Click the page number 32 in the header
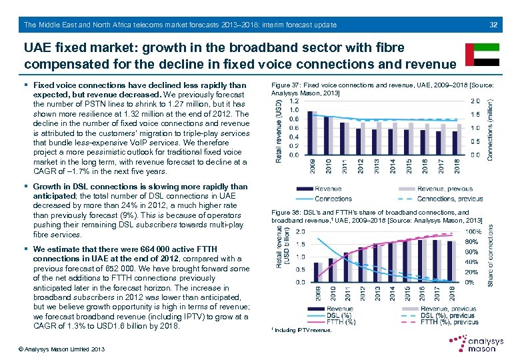coord(493,25)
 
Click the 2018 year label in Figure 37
coord(456,165)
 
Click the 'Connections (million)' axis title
coord(492,128)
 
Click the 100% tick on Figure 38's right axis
coord(471,231)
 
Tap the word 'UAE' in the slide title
coord(38,48)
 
